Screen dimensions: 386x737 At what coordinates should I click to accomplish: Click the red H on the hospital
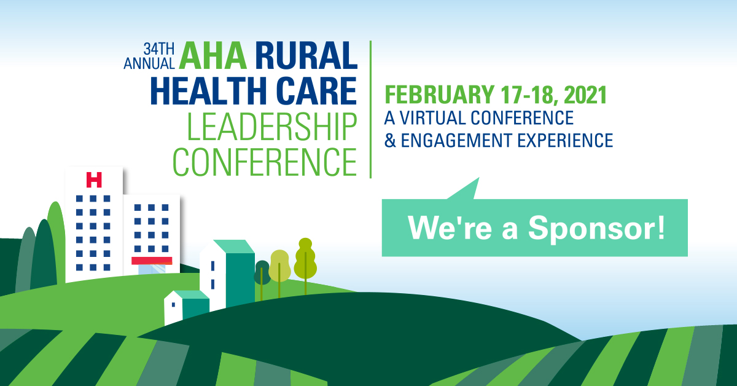94,179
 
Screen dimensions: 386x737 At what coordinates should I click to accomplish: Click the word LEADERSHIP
271,126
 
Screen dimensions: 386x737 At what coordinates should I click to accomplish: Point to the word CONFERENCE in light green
265,160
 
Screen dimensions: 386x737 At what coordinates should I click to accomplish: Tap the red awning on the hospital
152,261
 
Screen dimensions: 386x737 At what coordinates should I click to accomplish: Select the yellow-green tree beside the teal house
279,266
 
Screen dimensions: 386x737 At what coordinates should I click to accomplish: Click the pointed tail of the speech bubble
470,187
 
